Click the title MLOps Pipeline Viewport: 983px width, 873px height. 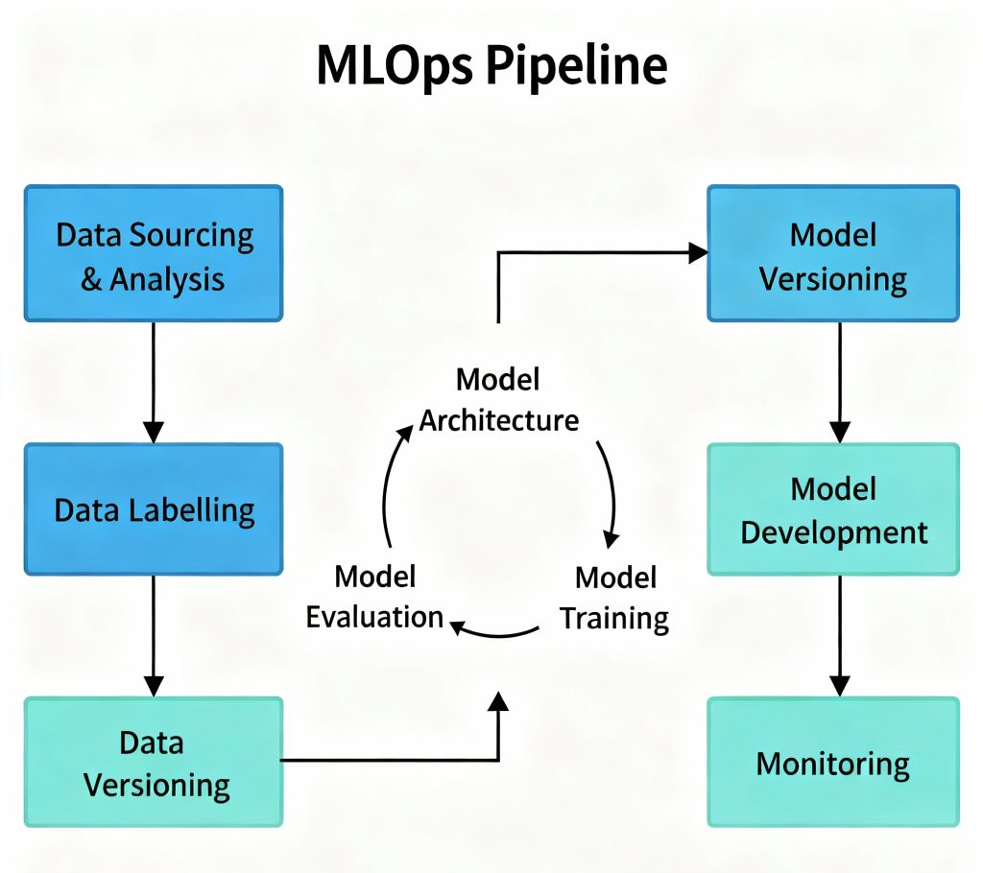491,66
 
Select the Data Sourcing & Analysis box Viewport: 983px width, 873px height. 154,253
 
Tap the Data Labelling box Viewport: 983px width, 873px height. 154,509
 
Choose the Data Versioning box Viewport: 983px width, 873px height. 154,762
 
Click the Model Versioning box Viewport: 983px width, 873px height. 832,253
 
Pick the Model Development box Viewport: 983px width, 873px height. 832,509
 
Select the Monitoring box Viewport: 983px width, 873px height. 832,763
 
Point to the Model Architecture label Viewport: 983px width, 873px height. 498,399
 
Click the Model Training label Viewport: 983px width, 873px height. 614,597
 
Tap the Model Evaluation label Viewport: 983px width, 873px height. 374,597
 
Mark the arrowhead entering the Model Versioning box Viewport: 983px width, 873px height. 698,252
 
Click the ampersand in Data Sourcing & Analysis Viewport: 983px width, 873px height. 91,279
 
